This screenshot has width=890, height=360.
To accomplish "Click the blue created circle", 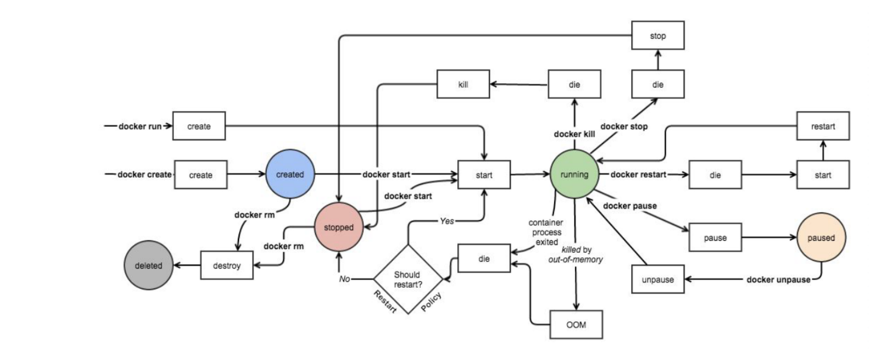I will click(290, 175).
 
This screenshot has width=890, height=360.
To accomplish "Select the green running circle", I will click(574, 175).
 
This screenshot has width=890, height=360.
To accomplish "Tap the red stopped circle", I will click(339, 227).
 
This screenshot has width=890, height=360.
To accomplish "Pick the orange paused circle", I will click(821, 237).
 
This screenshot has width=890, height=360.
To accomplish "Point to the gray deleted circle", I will click(148, 265).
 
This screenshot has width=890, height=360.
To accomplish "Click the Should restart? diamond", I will click(408, 279).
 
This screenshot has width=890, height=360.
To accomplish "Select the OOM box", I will click(576, 324).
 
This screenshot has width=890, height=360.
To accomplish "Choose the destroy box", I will click(226, 265).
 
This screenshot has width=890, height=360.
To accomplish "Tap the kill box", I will click(463, 84).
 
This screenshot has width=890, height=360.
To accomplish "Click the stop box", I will click(658, 36).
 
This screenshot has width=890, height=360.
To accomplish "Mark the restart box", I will click(823, 126).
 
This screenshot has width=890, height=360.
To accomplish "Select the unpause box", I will click(658, 279).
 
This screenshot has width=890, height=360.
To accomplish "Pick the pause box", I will click(715, 237).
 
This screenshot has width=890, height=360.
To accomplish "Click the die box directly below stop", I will click(658, 84).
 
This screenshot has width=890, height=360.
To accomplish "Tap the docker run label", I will click(140, 126).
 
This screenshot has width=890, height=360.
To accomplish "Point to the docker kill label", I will click(574, 134).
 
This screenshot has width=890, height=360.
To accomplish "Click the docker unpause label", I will click(778, 280).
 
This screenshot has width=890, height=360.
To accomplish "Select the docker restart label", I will click(638, 175).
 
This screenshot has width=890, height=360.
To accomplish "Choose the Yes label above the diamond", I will click(447, 221).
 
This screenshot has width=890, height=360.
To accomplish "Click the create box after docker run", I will click(199, 126).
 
